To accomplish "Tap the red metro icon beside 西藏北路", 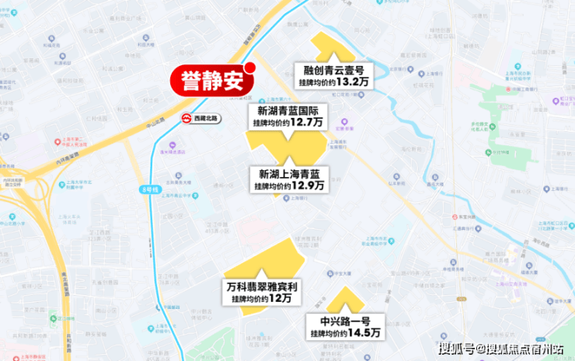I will coord(186,119).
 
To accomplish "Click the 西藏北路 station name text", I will coord(207,119).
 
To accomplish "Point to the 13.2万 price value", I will coord(353,81).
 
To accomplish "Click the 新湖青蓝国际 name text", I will coord(287,110).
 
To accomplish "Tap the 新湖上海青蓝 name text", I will coord(288,174).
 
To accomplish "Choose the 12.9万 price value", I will coord(308,186).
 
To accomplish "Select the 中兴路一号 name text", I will coord(344,321).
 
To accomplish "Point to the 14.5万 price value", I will coord(364,333).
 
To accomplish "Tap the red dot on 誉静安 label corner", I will coord(250,67).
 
